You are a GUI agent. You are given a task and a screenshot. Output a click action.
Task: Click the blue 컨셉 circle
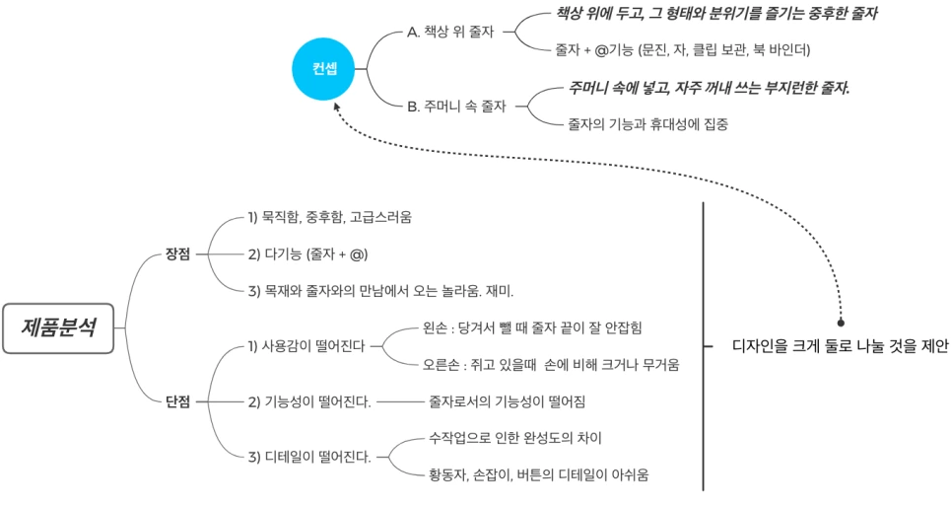tap(324, 69)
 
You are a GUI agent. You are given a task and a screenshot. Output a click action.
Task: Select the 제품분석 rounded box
tap(59, 327)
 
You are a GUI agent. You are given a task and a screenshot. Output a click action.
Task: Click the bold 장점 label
tap(177, 253)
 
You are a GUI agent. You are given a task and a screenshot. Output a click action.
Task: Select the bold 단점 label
tap(177, 401)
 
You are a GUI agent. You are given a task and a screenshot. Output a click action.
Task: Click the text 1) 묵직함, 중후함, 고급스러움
tap(329, 216)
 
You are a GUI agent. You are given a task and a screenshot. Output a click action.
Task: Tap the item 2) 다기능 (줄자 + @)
tap(307, 253)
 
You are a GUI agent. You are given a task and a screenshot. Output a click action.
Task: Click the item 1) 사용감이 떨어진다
tap(306, 346)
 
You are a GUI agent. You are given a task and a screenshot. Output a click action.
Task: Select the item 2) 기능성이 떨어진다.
tap(308, 401)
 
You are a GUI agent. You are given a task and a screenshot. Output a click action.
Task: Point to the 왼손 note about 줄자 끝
tap(532, 326)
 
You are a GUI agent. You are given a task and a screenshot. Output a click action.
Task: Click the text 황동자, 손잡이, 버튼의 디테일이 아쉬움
tap(538, 474)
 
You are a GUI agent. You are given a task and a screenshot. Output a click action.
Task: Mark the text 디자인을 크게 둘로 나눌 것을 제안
tap(840, 346)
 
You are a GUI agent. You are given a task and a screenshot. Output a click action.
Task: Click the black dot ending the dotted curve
tap(841, 323)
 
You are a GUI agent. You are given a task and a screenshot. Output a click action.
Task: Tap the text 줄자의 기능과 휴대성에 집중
tap(647, 124)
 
